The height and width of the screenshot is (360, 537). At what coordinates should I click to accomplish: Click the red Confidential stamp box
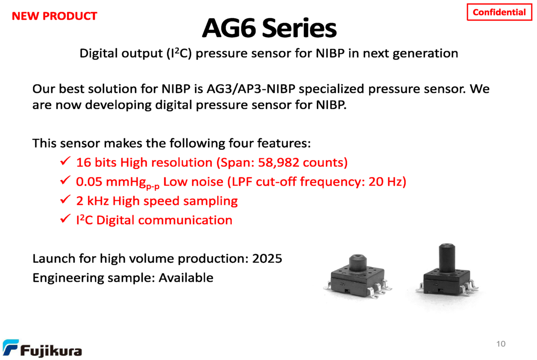[x=499, y=12]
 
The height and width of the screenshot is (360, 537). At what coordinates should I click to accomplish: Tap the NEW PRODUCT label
[x=55, y=16]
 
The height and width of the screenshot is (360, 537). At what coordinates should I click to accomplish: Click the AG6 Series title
[x=269, y=28]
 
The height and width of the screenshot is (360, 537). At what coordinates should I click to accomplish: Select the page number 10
[x=501, y=344]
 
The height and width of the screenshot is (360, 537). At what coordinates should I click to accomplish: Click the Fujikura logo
[x=42, y=348]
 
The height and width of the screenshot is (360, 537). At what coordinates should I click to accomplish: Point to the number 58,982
[x=278, y=163]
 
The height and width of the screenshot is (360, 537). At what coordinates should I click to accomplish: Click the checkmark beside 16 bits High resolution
[x=65, y=161]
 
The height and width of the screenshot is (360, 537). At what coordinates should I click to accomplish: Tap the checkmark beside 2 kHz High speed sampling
[x=65, y=199]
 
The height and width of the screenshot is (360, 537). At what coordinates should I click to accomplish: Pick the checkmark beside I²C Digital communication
[x=65, y=218]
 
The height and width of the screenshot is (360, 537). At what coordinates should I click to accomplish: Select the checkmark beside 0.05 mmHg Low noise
[x=65, y=180]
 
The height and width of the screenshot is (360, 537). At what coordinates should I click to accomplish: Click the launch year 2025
[x=267, y=258]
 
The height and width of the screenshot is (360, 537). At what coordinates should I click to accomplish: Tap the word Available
[x=186, y=278]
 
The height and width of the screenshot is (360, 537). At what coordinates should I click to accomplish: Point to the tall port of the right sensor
[x=447, y=257]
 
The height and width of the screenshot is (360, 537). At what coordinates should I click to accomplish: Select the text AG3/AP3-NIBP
[x=251, y=89]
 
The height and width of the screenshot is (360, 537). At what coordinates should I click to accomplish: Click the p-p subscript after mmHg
[x=153, y=186]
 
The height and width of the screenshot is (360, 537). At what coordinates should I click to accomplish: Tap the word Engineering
[x=68, y=278]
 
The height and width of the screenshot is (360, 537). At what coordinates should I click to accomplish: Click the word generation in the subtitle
[x=426, y=54]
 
